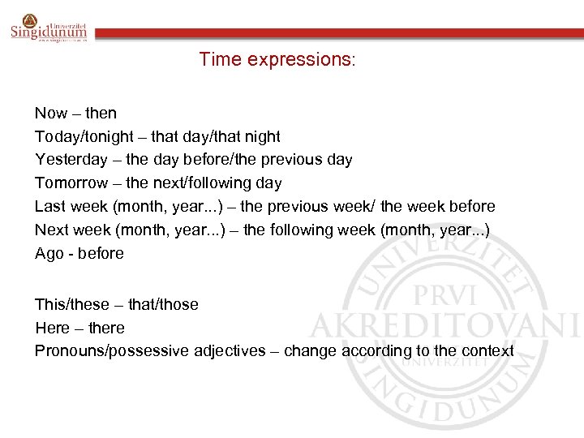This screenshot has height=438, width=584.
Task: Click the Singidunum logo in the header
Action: pos(48,30)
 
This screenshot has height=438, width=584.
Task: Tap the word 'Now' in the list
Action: pos(51,114)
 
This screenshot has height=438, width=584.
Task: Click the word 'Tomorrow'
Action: pos(71,183)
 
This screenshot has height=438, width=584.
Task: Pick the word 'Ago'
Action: pos(49,254)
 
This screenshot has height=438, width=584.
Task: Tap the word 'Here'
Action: pos(50,328)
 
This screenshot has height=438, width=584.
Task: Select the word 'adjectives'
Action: pos(228,351)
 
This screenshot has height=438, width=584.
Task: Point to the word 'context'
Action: pos(487,351)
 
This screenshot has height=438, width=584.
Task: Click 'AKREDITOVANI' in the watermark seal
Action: pos(444,325)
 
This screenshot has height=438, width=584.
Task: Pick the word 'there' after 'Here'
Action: pos(107,328)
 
